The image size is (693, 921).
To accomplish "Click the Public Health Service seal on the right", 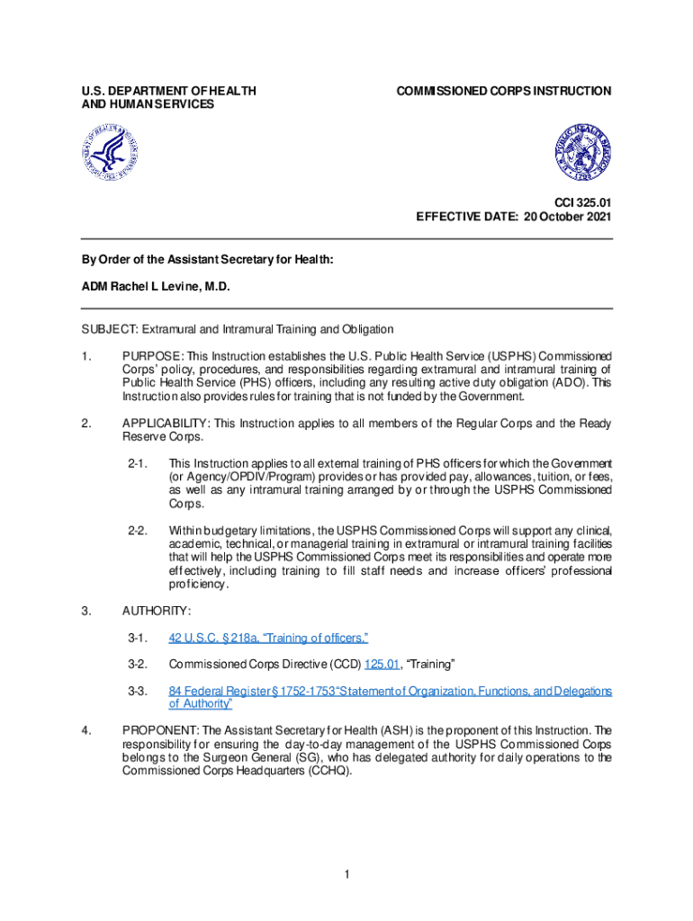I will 581,150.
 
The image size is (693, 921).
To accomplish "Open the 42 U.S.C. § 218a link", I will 268,638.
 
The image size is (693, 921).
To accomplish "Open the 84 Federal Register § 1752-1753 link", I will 391,691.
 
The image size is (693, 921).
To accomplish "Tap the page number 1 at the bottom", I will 346,873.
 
